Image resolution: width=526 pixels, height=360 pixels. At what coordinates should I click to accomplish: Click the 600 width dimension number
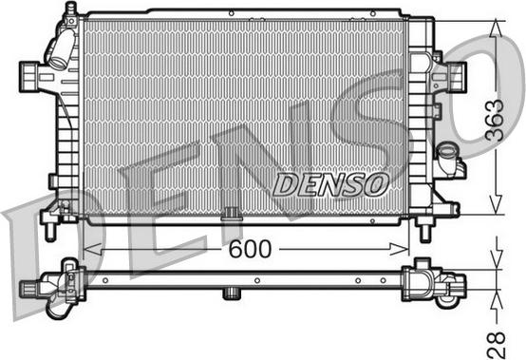[x=250, y=249]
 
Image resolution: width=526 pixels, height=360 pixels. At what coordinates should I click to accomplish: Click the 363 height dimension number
[x=495, y=120]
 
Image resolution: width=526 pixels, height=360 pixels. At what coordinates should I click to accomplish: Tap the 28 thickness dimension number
[x=496, y=345]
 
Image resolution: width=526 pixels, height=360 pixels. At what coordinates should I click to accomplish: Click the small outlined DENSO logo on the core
[x=330, y=185]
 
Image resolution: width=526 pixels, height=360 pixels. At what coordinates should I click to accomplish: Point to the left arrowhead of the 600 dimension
[x=92, y=249]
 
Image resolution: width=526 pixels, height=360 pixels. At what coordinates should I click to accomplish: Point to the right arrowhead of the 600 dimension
[x=400, y=249]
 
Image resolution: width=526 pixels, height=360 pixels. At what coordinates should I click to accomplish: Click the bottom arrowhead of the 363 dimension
[x=496, y=205]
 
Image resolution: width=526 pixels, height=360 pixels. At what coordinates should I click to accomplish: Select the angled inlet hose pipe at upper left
[x=61, y=47]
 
